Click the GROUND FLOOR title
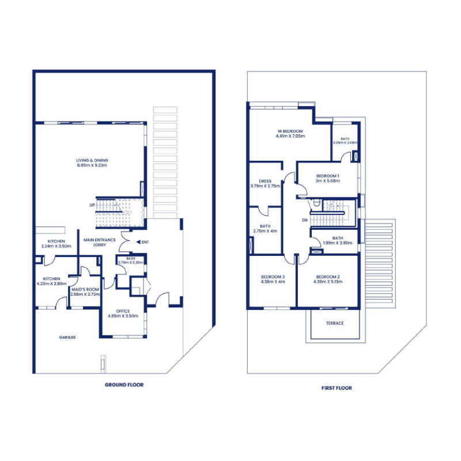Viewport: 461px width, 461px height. tap(124, 384)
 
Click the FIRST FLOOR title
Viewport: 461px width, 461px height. tap(337, 388)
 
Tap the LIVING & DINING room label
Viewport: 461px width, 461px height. tap(92, 160)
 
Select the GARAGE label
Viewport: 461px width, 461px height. tap(67, 337)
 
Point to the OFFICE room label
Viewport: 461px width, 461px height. tap(123, 311)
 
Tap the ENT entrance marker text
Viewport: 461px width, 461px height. tap(145, 242)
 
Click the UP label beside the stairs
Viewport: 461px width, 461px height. tap(92, 205)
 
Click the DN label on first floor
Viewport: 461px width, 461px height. tap(304, 220)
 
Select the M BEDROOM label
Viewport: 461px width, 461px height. tap(290, 131)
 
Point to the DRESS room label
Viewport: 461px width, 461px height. tap(265, 181)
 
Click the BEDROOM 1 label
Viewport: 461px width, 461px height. tap(328, 175)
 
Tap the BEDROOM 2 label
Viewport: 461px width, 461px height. tap(328, 277)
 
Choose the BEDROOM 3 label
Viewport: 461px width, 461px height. tap(273, 277)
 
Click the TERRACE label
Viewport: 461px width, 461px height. tap(335, 323)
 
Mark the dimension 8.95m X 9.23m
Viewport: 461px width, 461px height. tap(92, 165)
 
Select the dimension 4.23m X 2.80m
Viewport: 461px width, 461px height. tap(51, 284)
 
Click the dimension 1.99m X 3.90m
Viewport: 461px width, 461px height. tap(338, 243)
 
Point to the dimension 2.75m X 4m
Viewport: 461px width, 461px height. tap(265, 231)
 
